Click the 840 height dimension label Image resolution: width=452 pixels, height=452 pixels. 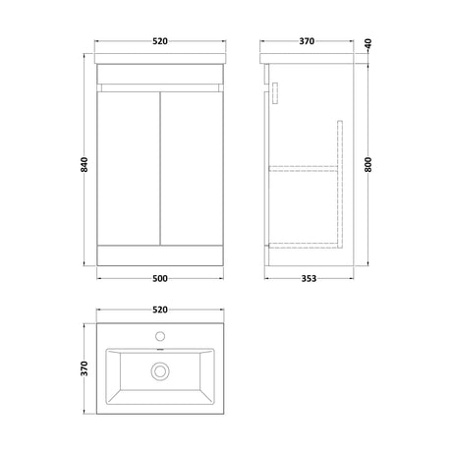(85, 164)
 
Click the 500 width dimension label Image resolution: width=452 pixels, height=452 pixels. (160, 278)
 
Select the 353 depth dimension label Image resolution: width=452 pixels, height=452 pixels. (309, 278)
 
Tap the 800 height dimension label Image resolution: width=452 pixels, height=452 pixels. (368, 164)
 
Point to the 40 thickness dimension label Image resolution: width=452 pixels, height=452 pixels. (368, 43)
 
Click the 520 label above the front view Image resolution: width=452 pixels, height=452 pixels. (160, 41)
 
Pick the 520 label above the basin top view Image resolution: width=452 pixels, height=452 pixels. (160, 310)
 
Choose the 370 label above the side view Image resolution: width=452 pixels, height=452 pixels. (307, 41)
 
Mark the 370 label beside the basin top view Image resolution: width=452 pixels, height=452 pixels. (85, 368)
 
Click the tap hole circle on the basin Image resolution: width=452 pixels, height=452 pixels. (160, 336)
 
